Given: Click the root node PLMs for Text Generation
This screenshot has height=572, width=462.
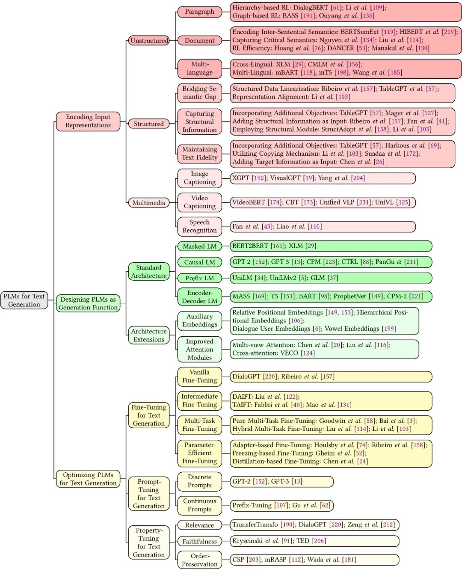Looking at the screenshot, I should (24, 300).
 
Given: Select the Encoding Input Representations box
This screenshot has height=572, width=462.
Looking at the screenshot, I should (88, 121).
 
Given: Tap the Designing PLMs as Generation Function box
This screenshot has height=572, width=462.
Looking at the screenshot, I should (88, 303).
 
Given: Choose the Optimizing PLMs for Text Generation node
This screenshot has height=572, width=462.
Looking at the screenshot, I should (88, 479).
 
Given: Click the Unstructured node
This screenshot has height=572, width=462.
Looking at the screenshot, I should (149, 41).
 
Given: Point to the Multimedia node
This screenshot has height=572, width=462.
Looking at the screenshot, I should (148, 203).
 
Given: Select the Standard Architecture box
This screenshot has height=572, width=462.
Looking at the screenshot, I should (148, 272).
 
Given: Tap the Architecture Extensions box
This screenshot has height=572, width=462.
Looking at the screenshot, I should (148, 335).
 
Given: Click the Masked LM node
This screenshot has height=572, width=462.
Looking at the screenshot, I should (199, 246).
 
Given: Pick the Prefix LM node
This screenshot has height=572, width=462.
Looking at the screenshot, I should (199, 278).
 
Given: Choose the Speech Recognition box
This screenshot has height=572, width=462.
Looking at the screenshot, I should (199, 226).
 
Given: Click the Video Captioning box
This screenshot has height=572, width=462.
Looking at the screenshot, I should (199, 202).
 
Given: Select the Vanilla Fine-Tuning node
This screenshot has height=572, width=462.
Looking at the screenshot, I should (199, 376).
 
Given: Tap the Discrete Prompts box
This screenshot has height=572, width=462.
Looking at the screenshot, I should (199, 481).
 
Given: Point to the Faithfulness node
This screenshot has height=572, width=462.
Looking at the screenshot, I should (199, 542).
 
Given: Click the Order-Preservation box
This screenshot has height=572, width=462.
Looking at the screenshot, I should (199, 560).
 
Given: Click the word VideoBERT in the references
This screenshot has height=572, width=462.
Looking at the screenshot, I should (249, 202).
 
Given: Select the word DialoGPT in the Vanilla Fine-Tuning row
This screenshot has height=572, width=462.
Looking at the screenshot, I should (246, 376).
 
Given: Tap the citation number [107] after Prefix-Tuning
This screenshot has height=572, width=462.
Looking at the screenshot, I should (281, 505).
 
